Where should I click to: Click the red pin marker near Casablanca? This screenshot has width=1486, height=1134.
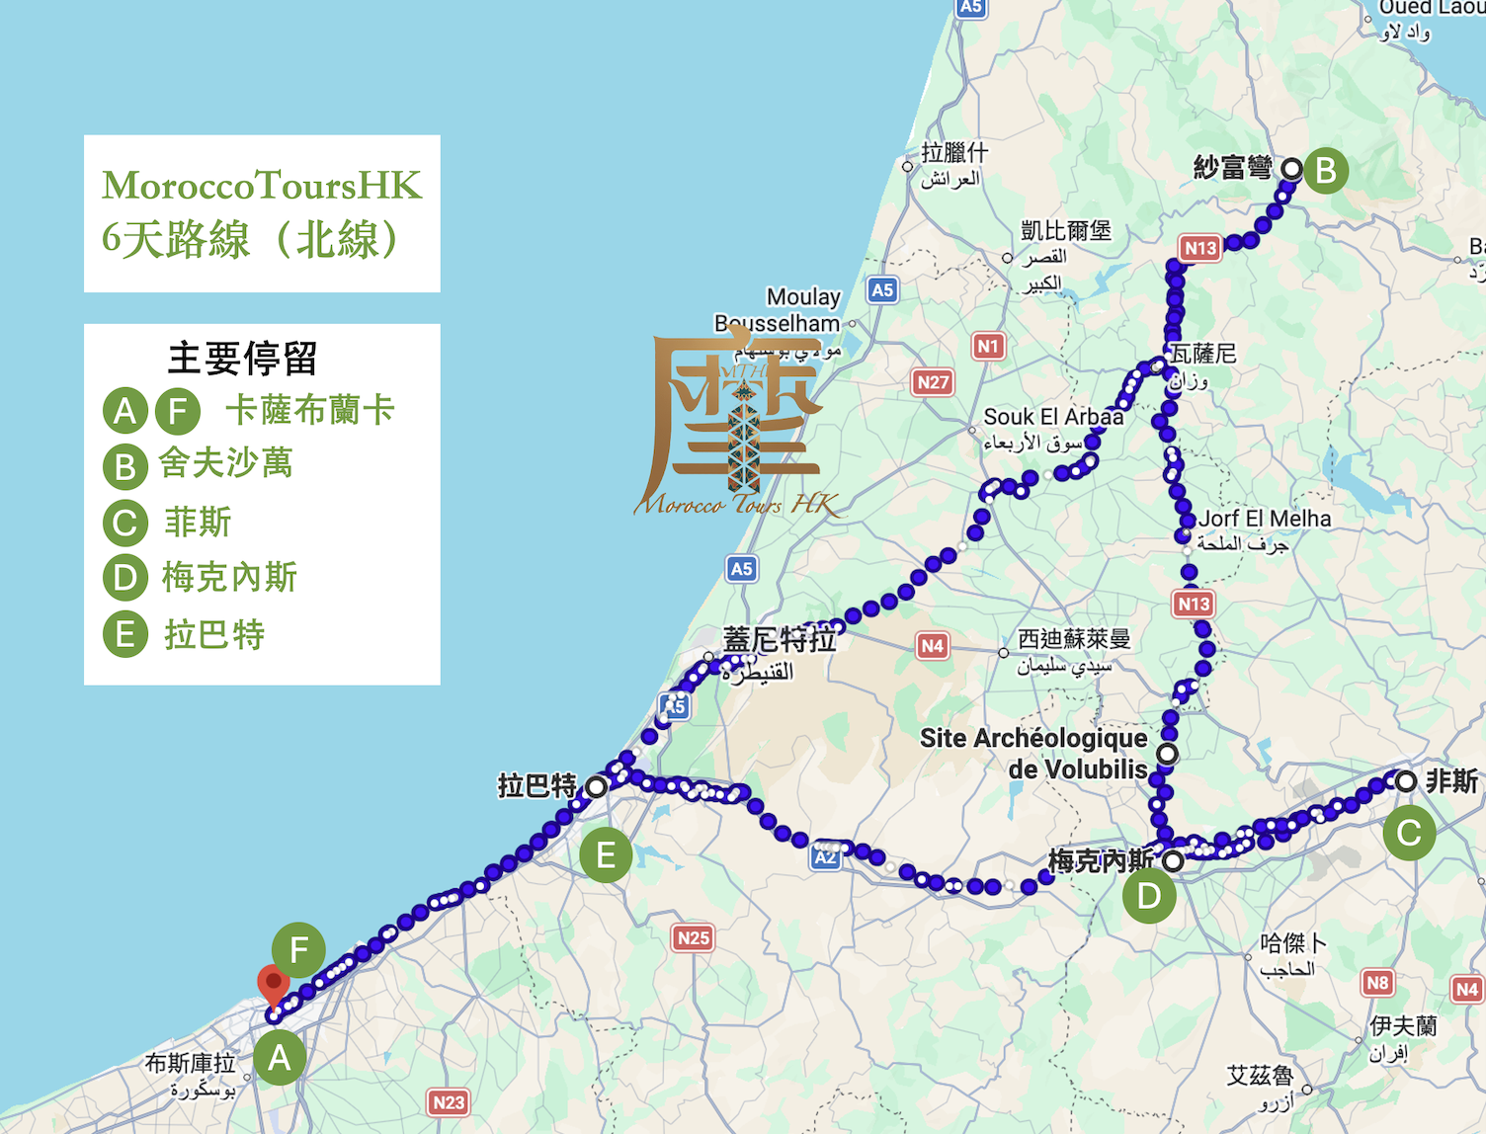pyautogui.click(x=273, y=984)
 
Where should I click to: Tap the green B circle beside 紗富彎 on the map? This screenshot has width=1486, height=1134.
pyautogui.click(x=1326, y=170)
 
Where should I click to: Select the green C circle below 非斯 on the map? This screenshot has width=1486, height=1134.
pyautogui.click(x=1409, y=833)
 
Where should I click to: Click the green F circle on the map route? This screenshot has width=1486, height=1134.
pyautogui.click(x=298, y=949)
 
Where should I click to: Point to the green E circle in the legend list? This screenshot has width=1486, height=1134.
pyautogui.click(x=125, y=634)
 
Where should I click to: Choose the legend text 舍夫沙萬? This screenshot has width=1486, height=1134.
pyautogui.click(x=226, y=462)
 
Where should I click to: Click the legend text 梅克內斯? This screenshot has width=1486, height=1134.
pyautogui.click(x=229, y=577)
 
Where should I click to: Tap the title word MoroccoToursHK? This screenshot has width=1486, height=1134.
pyautogui.click(x=262, y=185)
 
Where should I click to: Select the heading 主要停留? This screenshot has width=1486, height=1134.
pyautogui.click(x=242, y=358)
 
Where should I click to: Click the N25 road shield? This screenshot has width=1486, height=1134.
pyautogui.click(x=694, y=937)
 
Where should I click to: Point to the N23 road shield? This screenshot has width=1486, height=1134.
pyautogui.click(x=449, y=1102)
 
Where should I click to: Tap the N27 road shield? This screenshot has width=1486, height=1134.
pyautogui.click(x=933, y=382)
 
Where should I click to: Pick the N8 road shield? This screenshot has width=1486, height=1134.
pyautogui.click(x=1377, y=983)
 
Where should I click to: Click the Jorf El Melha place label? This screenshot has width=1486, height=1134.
pyautogui.click(x=1265, y=519)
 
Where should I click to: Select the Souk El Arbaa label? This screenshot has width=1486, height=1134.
pyautogui.click(x=1053, y=417)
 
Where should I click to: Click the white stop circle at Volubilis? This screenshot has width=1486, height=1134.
pyautogui.click(x=1167, y=755)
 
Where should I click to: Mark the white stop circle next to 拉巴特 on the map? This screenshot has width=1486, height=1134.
pyautogui.click(x=596, y=787)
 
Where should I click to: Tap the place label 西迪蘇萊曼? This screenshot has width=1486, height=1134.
pyautogui.click(x=1074, y=639)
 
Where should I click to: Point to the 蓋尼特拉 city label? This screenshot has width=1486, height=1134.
pyautogui.click(x=780, y=640)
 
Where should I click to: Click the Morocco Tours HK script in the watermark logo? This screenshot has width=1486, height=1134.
pyautogui.click(x=736, y=505)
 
